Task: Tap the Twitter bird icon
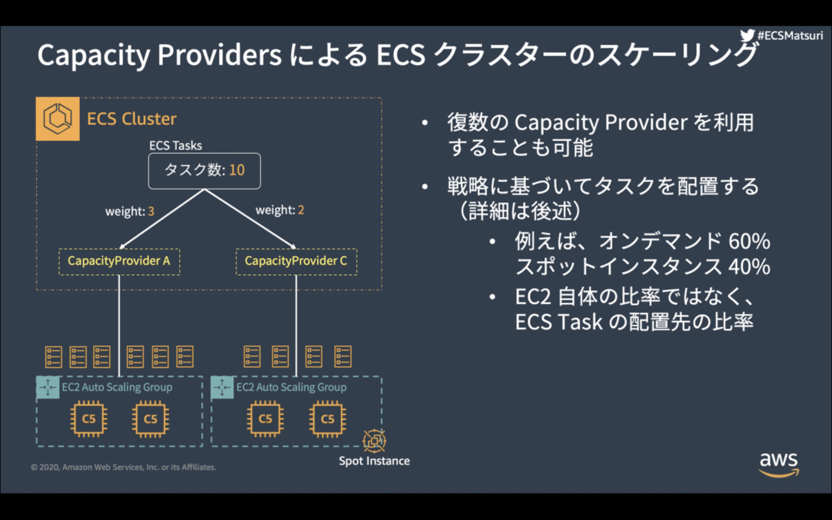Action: [747, 35]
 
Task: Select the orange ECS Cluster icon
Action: [57, 118]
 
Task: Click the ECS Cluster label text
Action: [131, 119]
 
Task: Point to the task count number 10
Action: [237, 170]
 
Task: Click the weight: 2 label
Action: [279, 211]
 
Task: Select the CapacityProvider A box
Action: [119, 261]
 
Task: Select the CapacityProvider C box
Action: [296, 261]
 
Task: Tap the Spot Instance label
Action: [374, 461]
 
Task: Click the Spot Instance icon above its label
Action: [374, 441]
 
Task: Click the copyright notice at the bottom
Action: [123, 467]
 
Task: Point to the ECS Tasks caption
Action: [175, 146]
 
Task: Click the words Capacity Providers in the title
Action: [159, 56]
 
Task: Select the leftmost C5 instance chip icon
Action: [88, 419]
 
